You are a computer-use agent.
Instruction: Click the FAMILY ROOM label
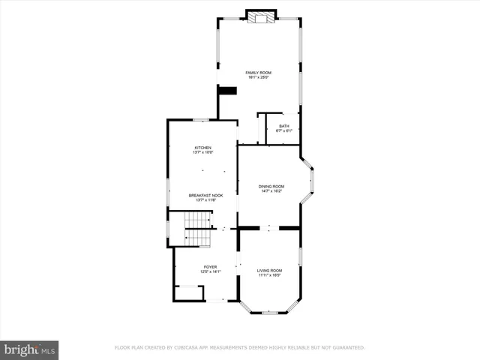pos(258,72)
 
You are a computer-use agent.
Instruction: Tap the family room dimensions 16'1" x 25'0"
pos(258,76)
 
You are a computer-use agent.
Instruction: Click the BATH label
pos(283,126)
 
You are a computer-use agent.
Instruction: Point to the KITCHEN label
pos(202,148)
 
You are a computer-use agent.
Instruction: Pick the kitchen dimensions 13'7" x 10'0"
pos(202,152)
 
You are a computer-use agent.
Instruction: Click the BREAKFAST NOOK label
pos(205,195)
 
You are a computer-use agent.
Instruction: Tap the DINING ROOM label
pos(271,186)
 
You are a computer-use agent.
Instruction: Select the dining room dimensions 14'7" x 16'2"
pos(271,190)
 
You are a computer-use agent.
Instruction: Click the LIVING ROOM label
pos(269,270)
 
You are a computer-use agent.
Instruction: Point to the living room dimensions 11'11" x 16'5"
pos(269,274)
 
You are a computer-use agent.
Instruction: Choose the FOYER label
pos(210,267)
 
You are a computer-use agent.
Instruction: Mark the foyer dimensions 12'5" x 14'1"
pos(210,271)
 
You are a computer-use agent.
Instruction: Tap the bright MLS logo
pos(30,349)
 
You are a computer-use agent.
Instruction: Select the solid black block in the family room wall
pos(227,91)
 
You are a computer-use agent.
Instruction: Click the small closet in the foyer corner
pos(189,292)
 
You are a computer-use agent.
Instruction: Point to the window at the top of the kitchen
pos(200,119)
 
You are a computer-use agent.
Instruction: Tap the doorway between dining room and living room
pos(269,227)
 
